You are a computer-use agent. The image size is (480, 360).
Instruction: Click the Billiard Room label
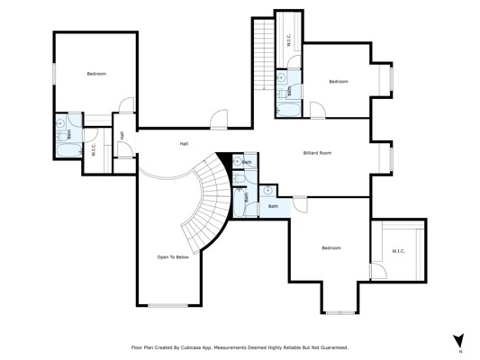(317, 153)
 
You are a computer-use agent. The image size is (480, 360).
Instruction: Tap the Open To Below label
(173, 257)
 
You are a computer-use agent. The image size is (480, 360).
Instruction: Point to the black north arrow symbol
(458, 340)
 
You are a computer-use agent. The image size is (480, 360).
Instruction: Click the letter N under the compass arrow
(460, 352)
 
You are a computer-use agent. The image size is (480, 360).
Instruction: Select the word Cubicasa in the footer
(190, 347)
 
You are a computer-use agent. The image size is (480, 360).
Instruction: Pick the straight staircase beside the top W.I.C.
(264, 54)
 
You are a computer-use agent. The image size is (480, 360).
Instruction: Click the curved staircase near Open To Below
(208, 199)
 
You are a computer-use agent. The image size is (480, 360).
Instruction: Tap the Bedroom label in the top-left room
(96, 74)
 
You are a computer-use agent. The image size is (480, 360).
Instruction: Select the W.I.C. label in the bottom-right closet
(399, 251)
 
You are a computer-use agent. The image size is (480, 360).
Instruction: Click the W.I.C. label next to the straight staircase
(289, 40)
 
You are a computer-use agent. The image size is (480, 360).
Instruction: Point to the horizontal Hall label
(184, 144)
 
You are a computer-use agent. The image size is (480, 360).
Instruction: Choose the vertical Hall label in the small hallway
(122, 136)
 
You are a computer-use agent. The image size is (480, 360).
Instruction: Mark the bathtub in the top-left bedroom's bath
(69, 150)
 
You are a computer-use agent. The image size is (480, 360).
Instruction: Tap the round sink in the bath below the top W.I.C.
(281, 77)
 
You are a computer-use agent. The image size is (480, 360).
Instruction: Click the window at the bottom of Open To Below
(168, 305)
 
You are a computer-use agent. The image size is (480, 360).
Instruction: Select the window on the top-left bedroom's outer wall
(54, 74)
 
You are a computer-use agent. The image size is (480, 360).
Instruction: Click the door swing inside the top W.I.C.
(294, 62)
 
